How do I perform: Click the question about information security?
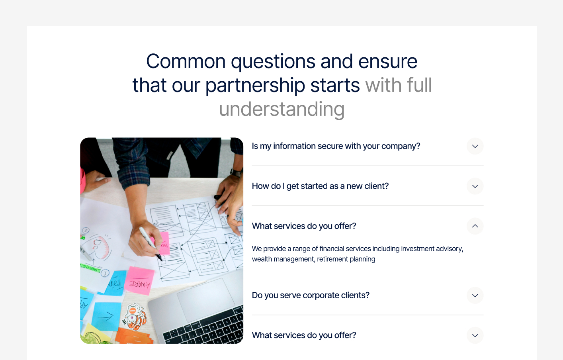pyautogui.click(x=336, y=146)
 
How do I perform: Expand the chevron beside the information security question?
pyautogui.click(x=475, y=146)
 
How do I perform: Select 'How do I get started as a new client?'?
pyautogui.click(x=320, y=186)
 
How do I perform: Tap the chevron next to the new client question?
pyautogui.click(x=475, y=186)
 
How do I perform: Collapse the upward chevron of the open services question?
pyautogui.click(x=475, y=226)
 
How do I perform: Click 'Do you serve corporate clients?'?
pyautogui.click(x=311, y=295)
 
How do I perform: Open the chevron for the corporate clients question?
pyautogui.click(x=475, y=295)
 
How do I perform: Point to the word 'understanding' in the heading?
pyautogui.click(x=281, y=109)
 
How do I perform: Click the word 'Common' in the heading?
pyautogui.click(x=186, y=61)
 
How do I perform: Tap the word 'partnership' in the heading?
pyautogui.click(x=255, y=85)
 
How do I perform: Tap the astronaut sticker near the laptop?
pyautogui.click(x=135, y=317)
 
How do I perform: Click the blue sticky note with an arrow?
pyautogui.click(x=106, y=316)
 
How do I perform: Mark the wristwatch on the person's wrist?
pyautogui.click(x=236, y=172)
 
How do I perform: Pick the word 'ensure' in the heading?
pyautogui.click(x=387, y=61)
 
